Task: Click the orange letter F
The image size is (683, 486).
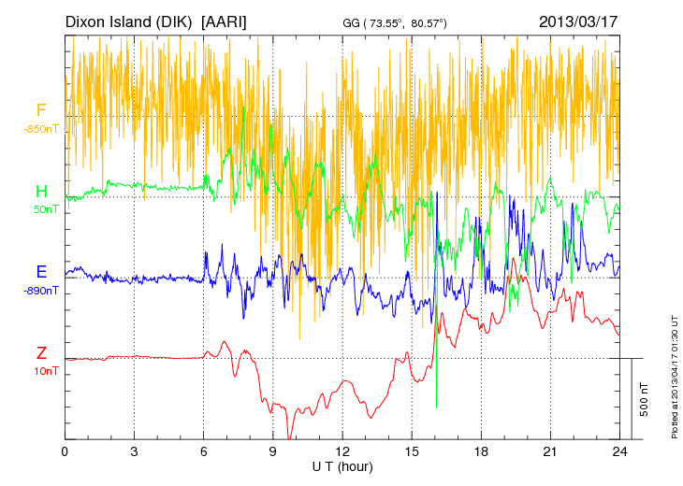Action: tap(41, 111)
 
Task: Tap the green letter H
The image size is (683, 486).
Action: tap(41, 192)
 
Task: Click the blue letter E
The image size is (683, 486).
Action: tap(41, 272)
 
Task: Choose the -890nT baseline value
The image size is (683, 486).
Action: tap(42, 291)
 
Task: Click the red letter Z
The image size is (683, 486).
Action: tap(41, 353)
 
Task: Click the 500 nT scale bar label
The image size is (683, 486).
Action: tap(645, 399)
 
